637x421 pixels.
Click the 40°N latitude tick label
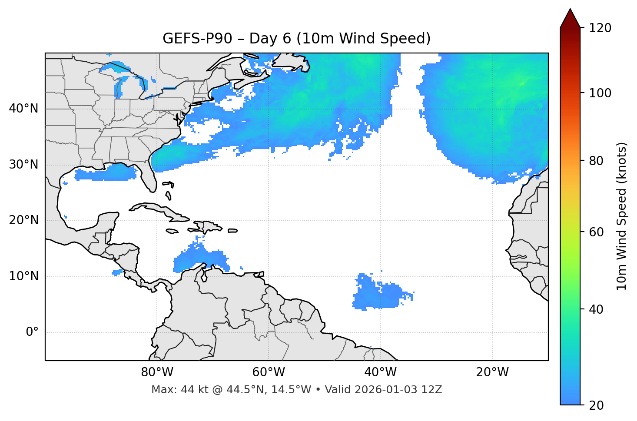tap(23, 109)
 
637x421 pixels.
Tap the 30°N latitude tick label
tap(23, 165)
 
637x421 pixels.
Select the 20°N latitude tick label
tap(23, 220)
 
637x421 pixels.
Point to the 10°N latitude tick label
tap(23, 276)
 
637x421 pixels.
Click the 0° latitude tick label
tap(32, 332)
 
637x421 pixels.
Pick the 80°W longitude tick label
tap(157, 372)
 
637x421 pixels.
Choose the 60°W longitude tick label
tap(269, 372)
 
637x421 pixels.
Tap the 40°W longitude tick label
tap(380, 372)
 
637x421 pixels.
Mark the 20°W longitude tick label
tap(492, 372)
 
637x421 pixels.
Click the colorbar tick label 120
tap(600, 28)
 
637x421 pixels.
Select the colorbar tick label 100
tap(600, 93)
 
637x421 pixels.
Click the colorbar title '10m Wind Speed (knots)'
tap(622, 216)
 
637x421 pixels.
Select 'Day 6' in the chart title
tap(270, 39)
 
